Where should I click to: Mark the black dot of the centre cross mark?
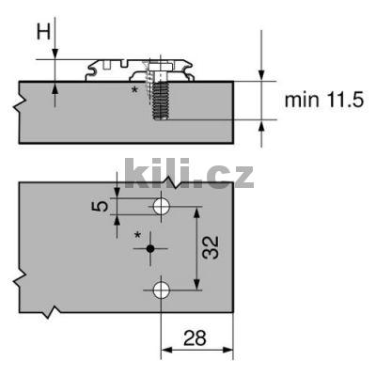point(149,248)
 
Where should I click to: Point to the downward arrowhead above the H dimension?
point(55,54)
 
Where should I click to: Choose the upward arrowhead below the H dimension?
point(55,87)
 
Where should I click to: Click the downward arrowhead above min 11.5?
point(260,75)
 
